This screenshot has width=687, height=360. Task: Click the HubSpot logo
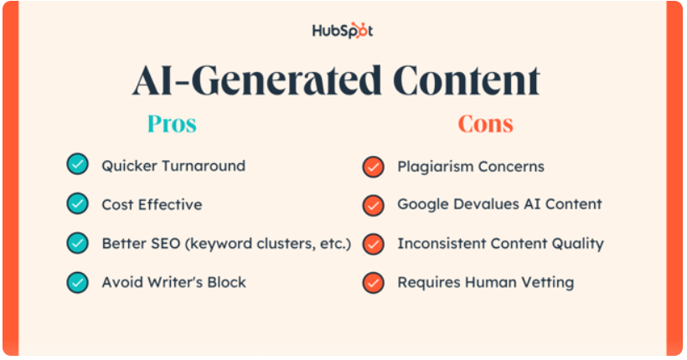(342, 31)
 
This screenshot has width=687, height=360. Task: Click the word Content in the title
(466, 80)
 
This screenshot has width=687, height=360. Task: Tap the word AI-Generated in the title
(257, 80)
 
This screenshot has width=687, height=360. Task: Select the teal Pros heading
(172, 124)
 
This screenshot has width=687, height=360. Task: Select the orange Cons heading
(485, 124)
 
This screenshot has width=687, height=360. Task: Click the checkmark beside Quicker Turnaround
(78, 164)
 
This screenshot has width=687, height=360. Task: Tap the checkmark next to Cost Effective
(78, 203)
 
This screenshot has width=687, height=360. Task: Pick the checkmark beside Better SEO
(78, 243)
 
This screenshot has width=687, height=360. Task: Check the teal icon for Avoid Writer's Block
(78, 282)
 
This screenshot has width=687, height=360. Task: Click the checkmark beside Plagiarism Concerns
(374, 167)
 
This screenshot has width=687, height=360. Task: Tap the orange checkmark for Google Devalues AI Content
(374, 205)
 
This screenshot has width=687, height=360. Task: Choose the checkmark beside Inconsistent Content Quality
(374, 244)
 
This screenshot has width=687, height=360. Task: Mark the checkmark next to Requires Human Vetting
(374, 282)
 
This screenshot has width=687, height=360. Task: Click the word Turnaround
(204, 166)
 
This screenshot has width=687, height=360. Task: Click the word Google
(423, 204)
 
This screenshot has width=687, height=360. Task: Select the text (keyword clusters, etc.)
(268, 244)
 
